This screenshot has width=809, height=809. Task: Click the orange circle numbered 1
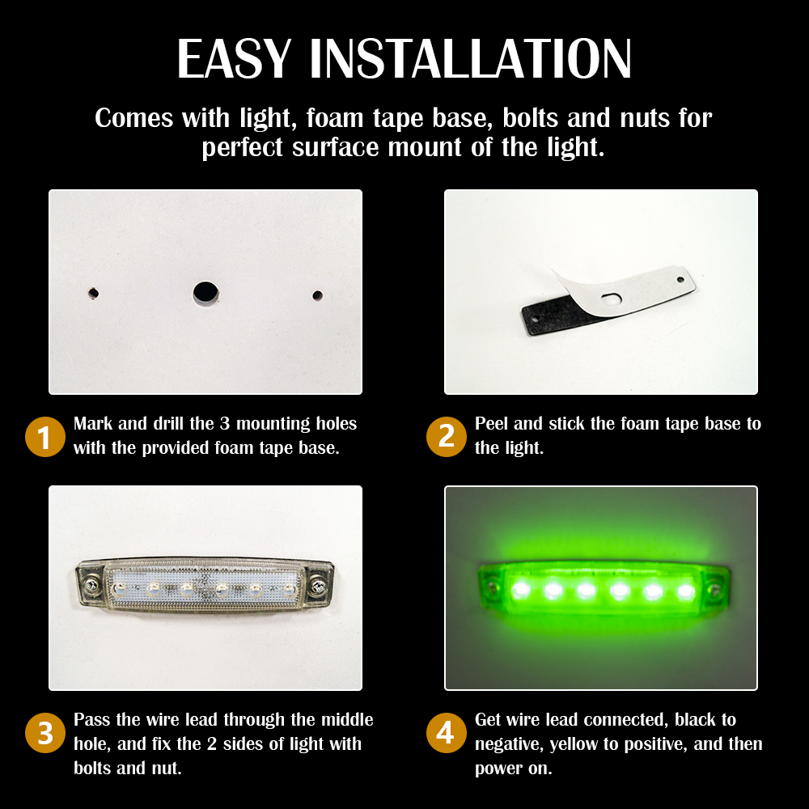(x=44, y=437)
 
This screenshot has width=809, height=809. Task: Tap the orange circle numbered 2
(x=447, y=437)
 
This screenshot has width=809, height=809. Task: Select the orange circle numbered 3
(x=44, y=733)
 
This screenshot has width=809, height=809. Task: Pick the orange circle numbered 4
(x=447, y=733)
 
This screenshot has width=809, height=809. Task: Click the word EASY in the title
(x=235, y=59)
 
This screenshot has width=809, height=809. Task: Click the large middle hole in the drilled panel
(x=205, y=293)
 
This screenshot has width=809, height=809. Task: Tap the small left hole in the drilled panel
(x=93, y=293)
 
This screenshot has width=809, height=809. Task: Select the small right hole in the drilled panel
(x=317, y=295)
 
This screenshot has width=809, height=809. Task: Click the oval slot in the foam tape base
(x=612, y=299)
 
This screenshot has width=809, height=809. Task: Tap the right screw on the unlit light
(x=317, y=586)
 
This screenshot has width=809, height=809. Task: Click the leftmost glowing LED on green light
(x=520, y=589)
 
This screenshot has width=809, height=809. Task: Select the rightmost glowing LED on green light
(x=686, y=591)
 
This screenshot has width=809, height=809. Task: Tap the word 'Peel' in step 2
(x=491, y=424)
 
